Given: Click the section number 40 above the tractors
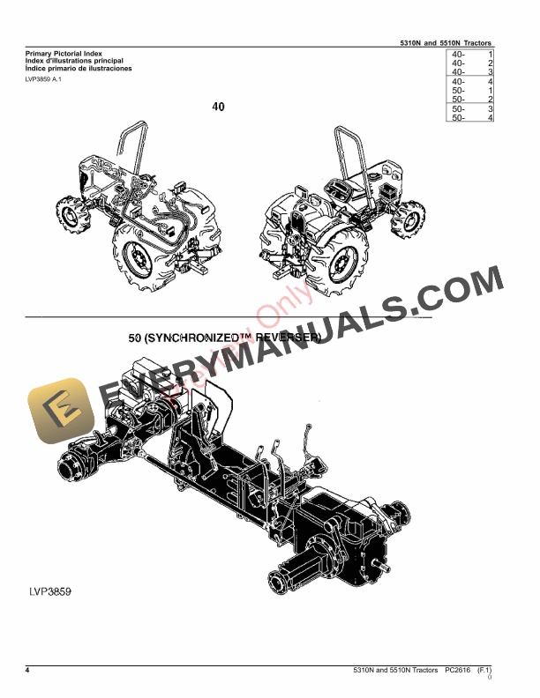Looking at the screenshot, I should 219,108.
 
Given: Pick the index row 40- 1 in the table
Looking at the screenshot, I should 470,56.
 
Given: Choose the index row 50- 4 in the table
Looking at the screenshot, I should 470,117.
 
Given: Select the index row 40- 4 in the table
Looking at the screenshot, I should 470,82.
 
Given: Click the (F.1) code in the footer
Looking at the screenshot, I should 484,672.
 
